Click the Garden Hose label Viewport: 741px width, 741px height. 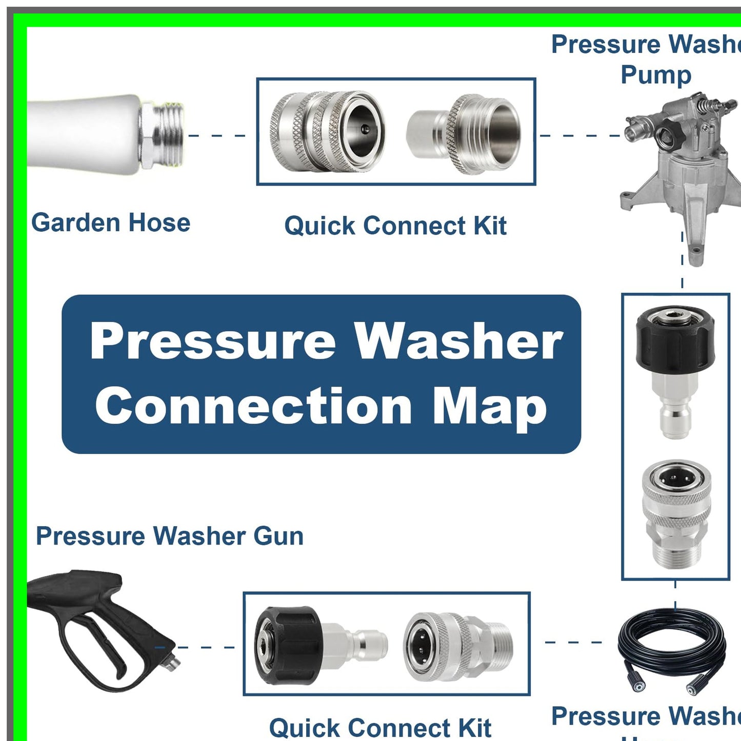click(111, 223)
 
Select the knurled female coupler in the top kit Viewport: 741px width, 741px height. click(327, 131)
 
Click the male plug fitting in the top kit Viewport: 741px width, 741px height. click(465, 134)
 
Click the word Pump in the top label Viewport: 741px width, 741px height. click(656, 75)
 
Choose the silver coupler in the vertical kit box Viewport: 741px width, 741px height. click(676, 513)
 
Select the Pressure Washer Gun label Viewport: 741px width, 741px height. click(170, 536)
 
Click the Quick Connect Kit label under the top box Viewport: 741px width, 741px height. click(395, 226)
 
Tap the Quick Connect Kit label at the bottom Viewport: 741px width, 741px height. click(380, 728)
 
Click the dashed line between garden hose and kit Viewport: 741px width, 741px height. click(217, 135)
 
